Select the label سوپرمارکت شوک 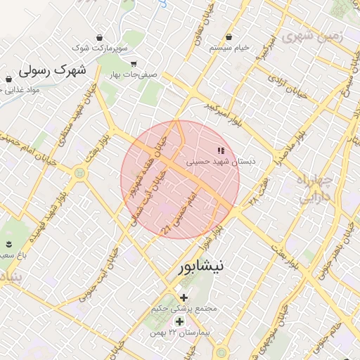coord(103,48)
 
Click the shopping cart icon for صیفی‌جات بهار coord(134,63)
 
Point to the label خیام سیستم coord(229,48)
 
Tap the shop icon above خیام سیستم coord(229,37)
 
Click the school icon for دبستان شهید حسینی coord(221,150)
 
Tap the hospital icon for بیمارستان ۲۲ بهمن coord(179,321)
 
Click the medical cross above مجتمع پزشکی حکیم coord(184,297)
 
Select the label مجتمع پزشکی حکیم coord(185,309)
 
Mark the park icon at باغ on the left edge coord(9,244)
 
